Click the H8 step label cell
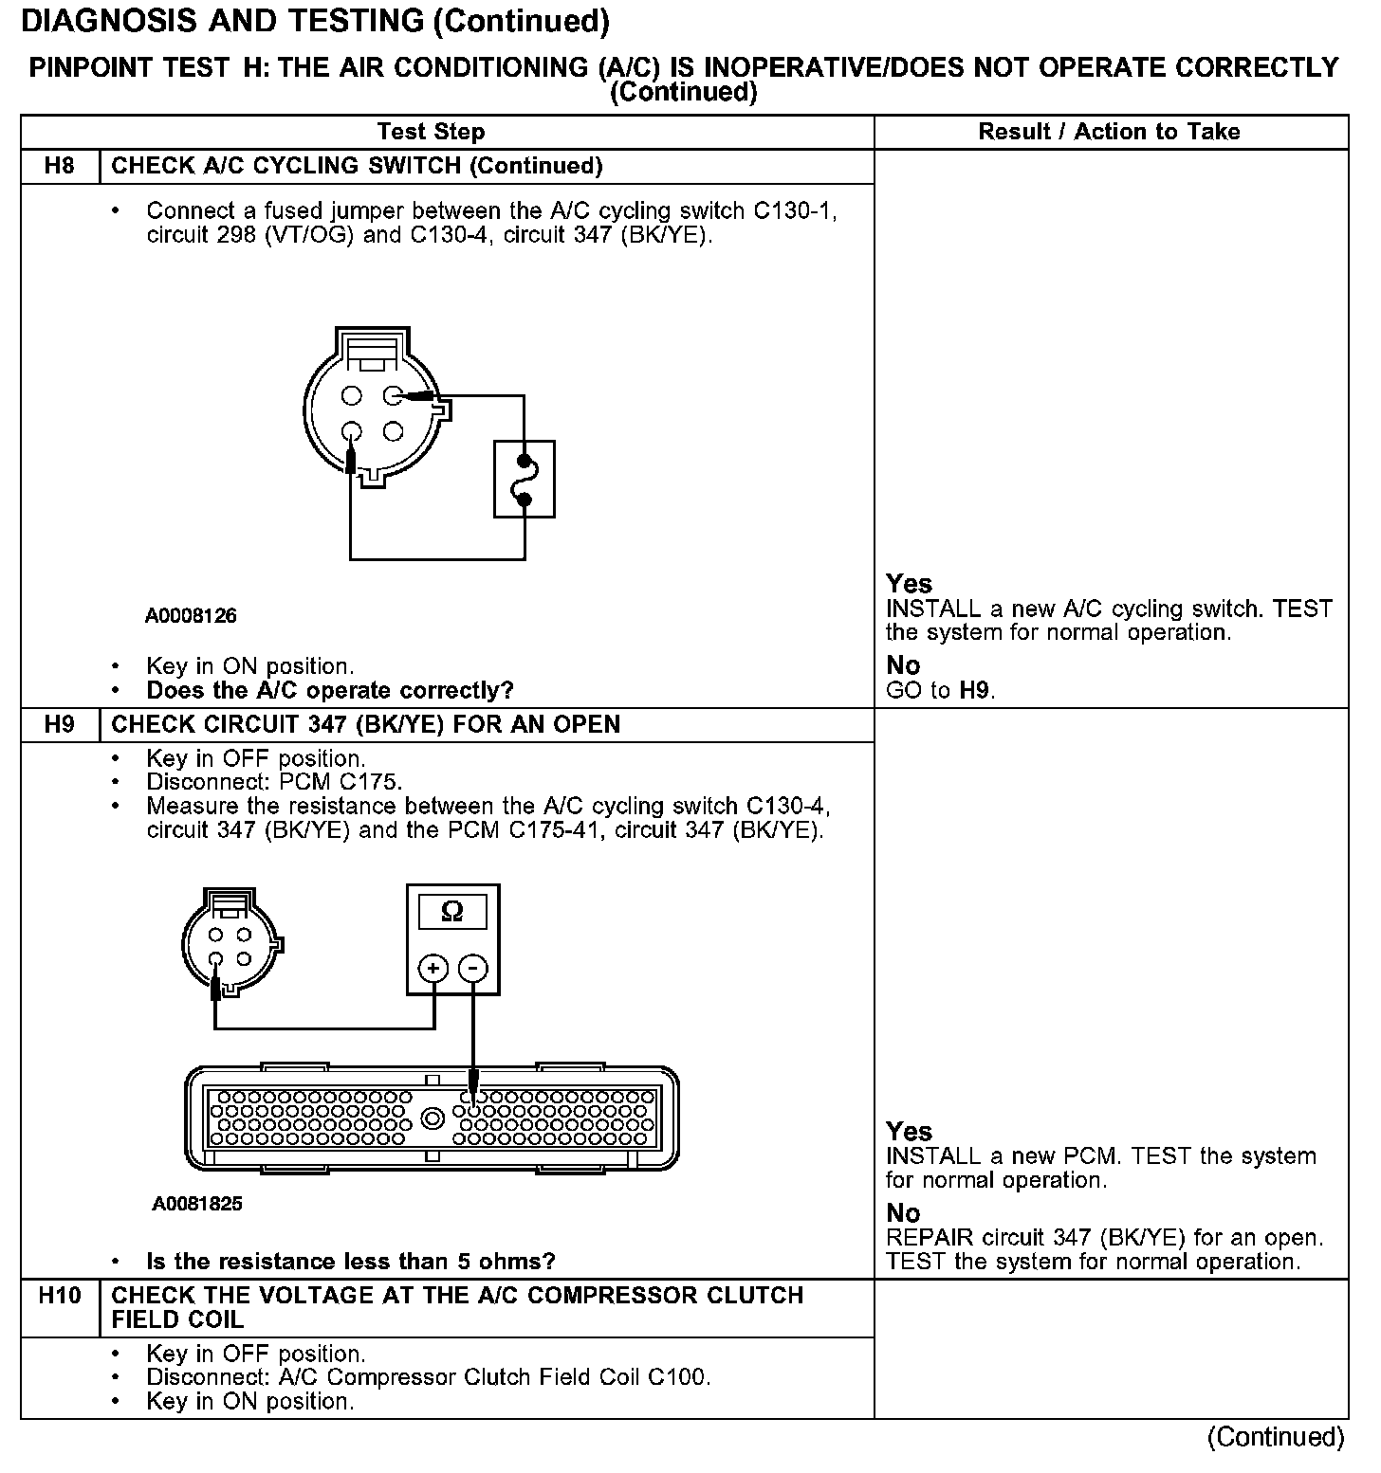point(59,167)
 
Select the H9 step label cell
point(59,725)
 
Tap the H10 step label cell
point(59,1296)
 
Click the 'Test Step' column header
point(431,132)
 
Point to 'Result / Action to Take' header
point(1109,132)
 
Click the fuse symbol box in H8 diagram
point(524,479)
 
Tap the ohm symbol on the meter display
point(452,912)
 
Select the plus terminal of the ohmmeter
point(433,968)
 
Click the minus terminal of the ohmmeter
point(473,968)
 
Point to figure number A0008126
point(191,616)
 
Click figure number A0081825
point(197,1204)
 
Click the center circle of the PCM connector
point(433,1118)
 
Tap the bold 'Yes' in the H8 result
point(909,584)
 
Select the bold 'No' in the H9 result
point(903,1213)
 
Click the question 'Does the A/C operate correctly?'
point(329,690)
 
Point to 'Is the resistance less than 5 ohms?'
point(350,1262)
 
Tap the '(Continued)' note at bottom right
point(1275,1437)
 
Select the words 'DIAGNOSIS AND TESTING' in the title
point(223,21)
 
